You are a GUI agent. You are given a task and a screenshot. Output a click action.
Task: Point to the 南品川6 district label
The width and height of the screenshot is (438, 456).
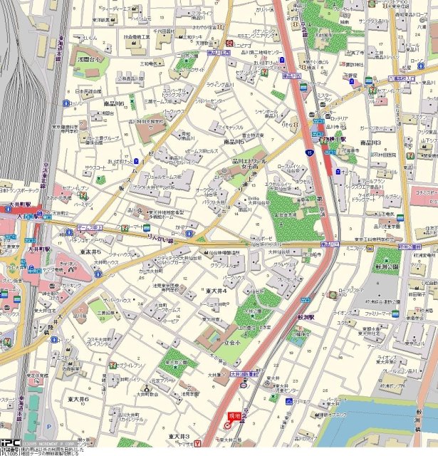point(114,104)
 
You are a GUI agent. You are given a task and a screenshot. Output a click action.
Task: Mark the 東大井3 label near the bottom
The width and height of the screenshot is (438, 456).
point(179,435)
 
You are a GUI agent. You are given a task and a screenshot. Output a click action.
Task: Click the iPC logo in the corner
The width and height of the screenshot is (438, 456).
point(10,442)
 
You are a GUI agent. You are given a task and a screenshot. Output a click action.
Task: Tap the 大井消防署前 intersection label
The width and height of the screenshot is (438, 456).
point(245,372)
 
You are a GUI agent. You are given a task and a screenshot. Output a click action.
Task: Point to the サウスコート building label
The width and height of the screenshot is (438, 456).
point(94,167)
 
